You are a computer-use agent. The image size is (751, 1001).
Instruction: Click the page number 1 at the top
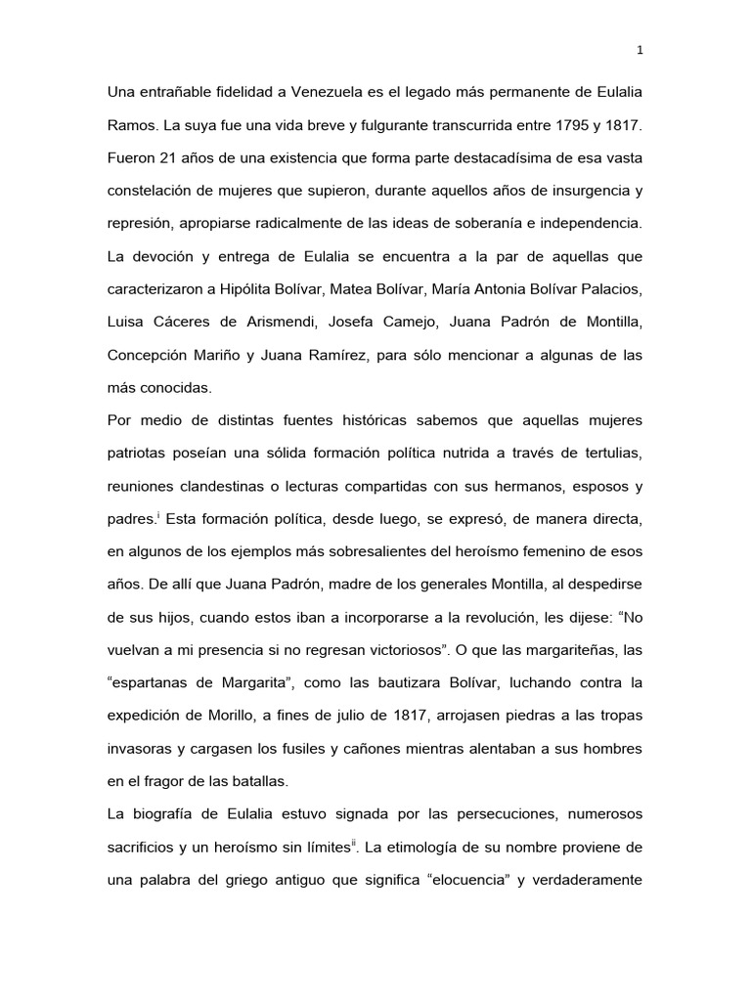[639, 51]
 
